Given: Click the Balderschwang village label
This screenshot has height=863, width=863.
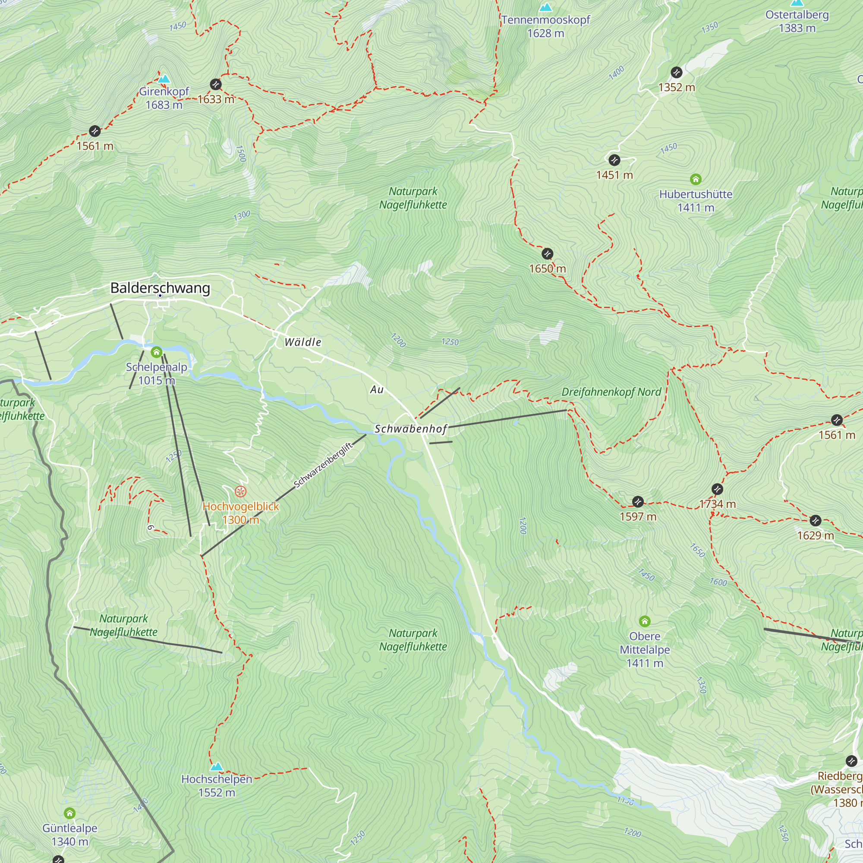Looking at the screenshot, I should pyautogui.click(x=160, y=288).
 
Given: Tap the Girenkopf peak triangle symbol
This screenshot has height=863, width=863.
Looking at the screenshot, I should pyautogui.click(x=164, y=79).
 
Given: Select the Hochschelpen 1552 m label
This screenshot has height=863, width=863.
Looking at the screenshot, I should pyautogui.click(x=217, y=786).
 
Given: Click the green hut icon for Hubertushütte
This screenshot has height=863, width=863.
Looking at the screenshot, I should pyautogui.click(x=696, y=180).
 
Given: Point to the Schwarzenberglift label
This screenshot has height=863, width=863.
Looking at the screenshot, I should pyautogui.click(x=323, y=466).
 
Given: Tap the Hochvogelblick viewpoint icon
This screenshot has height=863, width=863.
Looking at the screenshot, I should pyautogui.click(x=240, y=492).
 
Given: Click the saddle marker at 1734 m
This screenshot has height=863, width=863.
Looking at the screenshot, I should pyautogui.click(x=717, y=489).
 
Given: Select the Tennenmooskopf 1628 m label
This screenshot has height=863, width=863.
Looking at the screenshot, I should pyautogui.click(x=545, y=26).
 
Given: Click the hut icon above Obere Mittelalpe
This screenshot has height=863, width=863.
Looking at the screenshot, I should pyautogui.click(x=644, y=621).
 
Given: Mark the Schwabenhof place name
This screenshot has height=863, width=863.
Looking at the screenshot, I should pyautogui.click(x=410, y=429).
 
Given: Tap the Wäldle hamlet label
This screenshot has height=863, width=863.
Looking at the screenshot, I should pyautogui.click(x=303, y=342).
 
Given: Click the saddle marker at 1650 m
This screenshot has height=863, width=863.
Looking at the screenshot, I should pyautogui.click(x=547, y=254).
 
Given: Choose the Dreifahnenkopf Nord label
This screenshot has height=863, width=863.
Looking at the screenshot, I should pyautogui.click(x=611, y=392).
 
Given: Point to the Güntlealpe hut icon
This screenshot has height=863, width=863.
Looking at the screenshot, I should pyautogui.click(x=69, y=813).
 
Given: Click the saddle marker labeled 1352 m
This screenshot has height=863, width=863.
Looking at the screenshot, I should pyautogui.click(x=676, y=72).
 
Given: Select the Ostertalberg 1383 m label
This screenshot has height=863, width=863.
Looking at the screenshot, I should pyautogui.click(x=797, y=22).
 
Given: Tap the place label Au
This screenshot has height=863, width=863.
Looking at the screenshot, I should pyautogui.click(x=377, y=390).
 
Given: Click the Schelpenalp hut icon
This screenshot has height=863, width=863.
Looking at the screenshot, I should pyautogui.click(x=156, y=353).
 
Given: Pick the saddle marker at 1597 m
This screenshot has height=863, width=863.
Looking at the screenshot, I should pyautogui.click(x=638, y=502).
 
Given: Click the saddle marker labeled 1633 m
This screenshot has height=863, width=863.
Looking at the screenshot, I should pyautogui.click(x=216, y=85).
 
